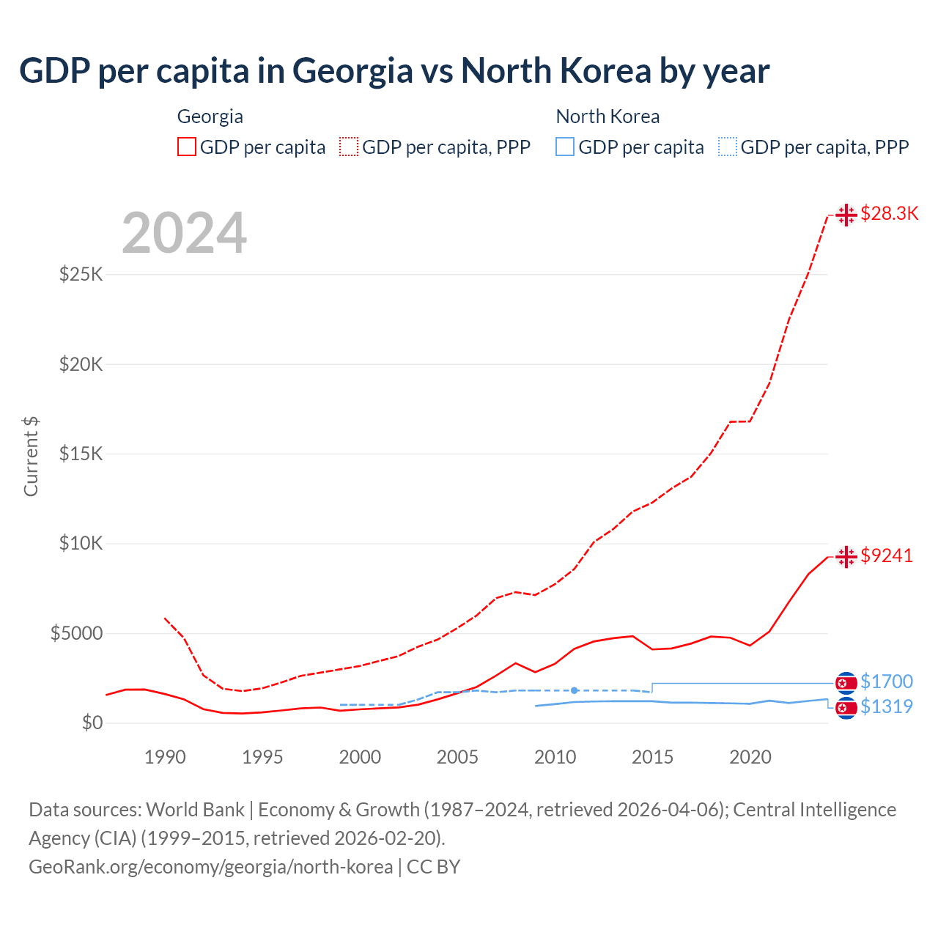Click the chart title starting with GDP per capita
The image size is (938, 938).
click(x=394, y=71)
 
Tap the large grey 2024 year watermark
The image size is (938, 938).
click(x=184, y=233)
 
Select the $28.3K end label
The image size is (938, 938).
click(x=889, y=213)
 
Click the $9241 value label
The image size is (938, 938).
click(x=887, y=555)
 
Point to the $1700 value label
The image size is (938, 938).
click(x=887, y=682)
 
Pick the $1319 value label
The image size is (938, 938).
click(x=887, y=706)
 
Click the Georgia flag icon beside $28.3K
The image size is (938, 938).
click(x=846, y=215)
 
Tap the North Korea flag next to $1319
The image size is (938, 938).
click(x=846, y=708)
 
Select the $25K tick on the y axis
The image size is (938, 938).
click(x=81, y=274)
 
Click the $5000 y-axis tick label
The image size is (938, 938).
click(x=76, y=633)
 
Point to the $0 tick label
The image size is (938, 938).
click(x=92, y=723)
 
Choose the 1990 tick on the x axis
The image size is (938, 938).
click(x=165, y=757)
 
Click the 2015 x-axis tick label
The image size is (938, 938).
click(x=652, y=757)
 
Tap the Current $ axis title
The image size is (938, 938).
click(x=31, y=456)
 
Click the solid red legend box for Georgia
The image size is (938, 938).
click(x=187, y=147)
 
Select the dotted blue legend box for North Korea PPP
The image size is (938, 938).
click(x=728, y=147)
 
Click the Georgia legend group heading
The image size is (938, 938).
click(x=210, y=117)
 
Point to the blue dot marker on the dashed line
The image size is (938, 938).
click(x=575, y=690)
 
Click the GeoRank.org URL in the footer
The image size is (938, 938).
click(x=211, y=867)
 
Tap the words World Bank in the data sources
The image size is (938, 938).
click(x=195, y=810)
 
